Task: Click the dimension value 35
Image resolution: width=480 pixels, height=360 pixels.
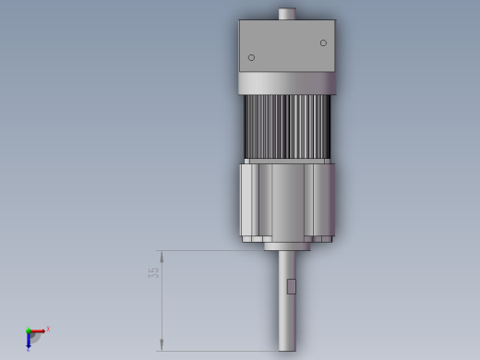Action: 153,273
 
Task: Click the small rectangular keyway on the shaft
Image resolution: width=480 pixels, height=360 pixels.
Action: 292,286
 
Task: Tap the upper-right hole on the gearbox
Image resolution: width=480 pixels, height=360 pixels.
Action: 323,43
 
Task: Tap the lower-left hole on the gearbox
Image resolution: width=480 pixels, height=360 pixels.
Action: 251,57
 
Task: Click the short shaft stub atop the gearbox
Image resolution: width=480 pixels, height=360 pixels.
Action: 287,14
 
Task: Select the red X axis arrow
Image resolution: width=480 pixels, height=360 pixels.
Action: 37,331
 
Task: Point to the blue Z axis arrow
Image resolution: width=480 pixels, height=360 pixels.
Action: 29,341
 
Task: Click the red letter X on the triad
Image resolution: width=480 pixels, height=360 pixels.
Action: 48,329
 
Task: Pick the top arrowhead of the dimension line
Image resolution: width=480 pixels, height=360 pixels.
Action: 162,257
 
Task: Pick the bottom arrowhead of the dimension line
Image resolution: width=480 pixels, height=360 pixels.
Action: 162,344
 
